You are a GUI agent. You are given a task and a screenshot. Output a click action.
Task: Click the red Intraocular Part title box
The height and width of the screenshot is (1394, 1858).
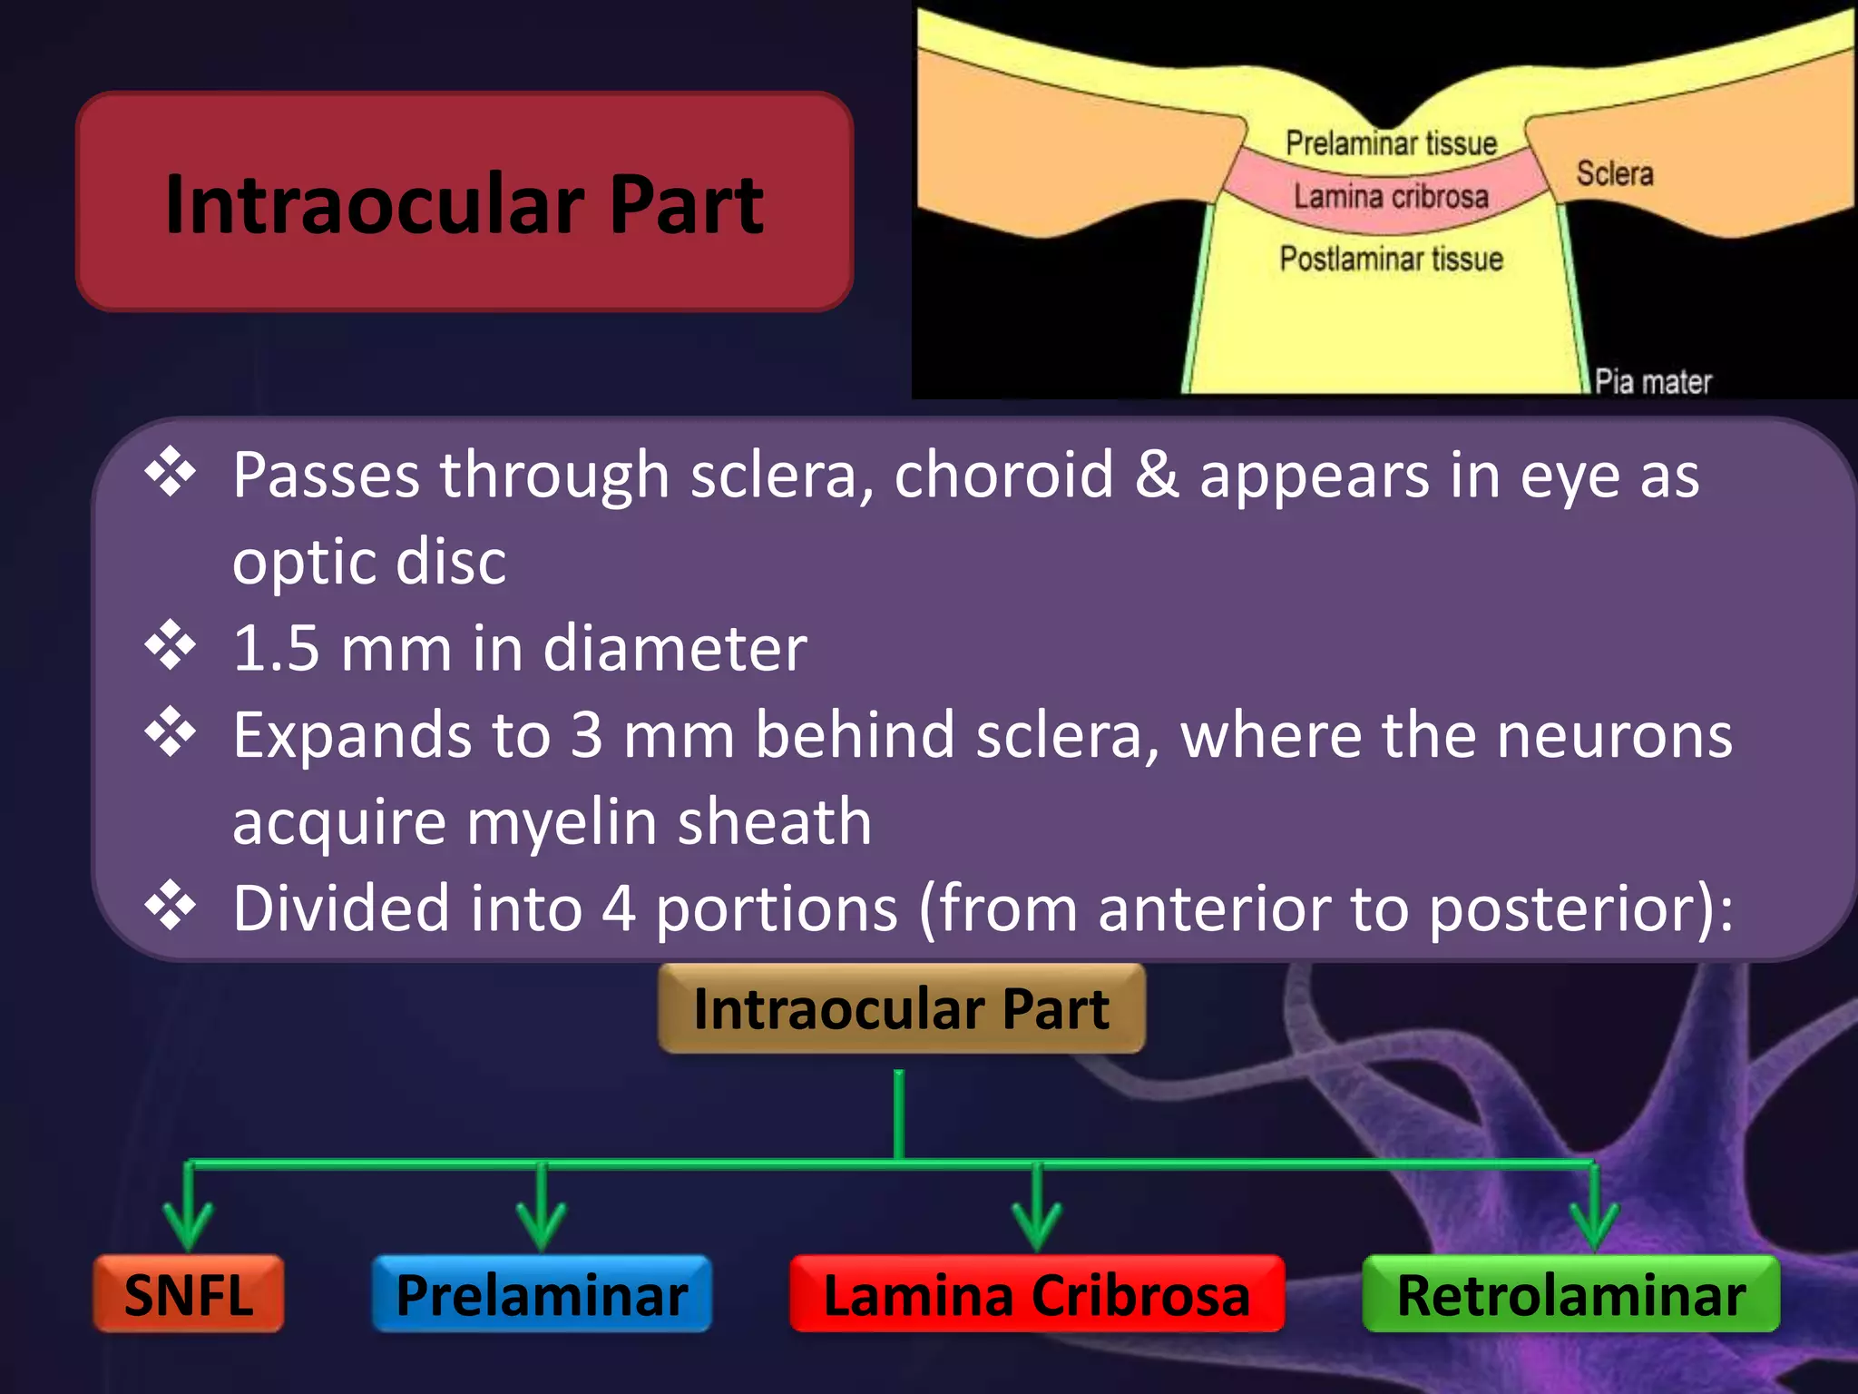[464, 201]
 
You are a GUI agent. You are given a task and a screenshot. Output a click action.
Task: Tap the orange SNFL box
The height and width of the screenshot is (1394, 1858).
[189, 1294]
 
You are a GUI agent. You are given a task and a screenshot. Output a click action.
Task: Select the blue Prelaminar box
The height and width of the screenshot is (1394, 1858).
[542, 1294]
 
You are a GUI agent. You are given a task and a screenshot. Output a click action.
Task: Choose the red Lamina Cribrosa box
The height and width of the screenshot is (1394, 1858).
[1037, 1294]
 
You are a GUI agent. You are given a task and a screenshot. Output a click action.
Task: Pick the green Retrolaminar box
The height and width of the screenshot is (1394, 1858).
[1570, 1294]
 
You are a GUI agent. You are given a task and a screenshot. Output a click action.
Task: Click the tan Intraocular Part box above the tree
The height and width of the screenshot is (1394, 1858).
[901, 1008]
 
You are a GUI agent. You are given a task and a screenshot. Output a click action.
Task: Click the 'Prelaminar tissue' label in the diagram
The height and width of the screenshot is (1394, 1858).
[1391, 143]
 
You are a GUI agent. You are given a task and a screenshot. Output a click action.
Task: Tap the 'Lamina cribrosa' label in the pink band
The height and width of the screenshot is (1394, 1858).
[1391, 196]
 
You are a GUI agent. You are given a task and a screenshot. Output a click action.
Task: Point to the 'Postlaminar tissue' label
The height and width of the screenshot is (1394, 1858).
[1391, 259]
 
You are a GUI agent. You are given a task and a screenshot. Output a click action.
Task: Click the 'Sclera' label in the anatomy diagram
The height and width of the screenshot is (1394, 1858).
[1614, 173]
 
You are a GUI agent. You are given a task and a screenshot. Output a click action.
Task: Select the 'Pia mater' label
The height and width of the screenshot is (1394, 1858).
[1653, 382]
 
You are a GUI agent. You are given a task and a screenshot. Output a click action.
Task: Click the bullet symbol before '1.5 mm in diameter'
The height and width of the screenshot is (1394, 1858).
[171, 646]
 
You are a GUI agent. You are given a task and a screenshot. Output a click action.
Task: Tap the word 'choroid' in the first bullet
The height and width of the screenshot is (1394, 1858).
[1003, 475]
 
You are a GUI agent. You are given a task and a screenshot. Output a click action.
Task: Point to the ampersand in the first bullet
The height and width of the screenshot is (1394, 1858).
[1158, 475]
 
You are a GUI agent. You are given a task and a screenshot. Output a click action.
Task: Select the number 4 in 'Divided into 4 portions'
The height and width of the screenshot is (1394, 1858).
[619, 908]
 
